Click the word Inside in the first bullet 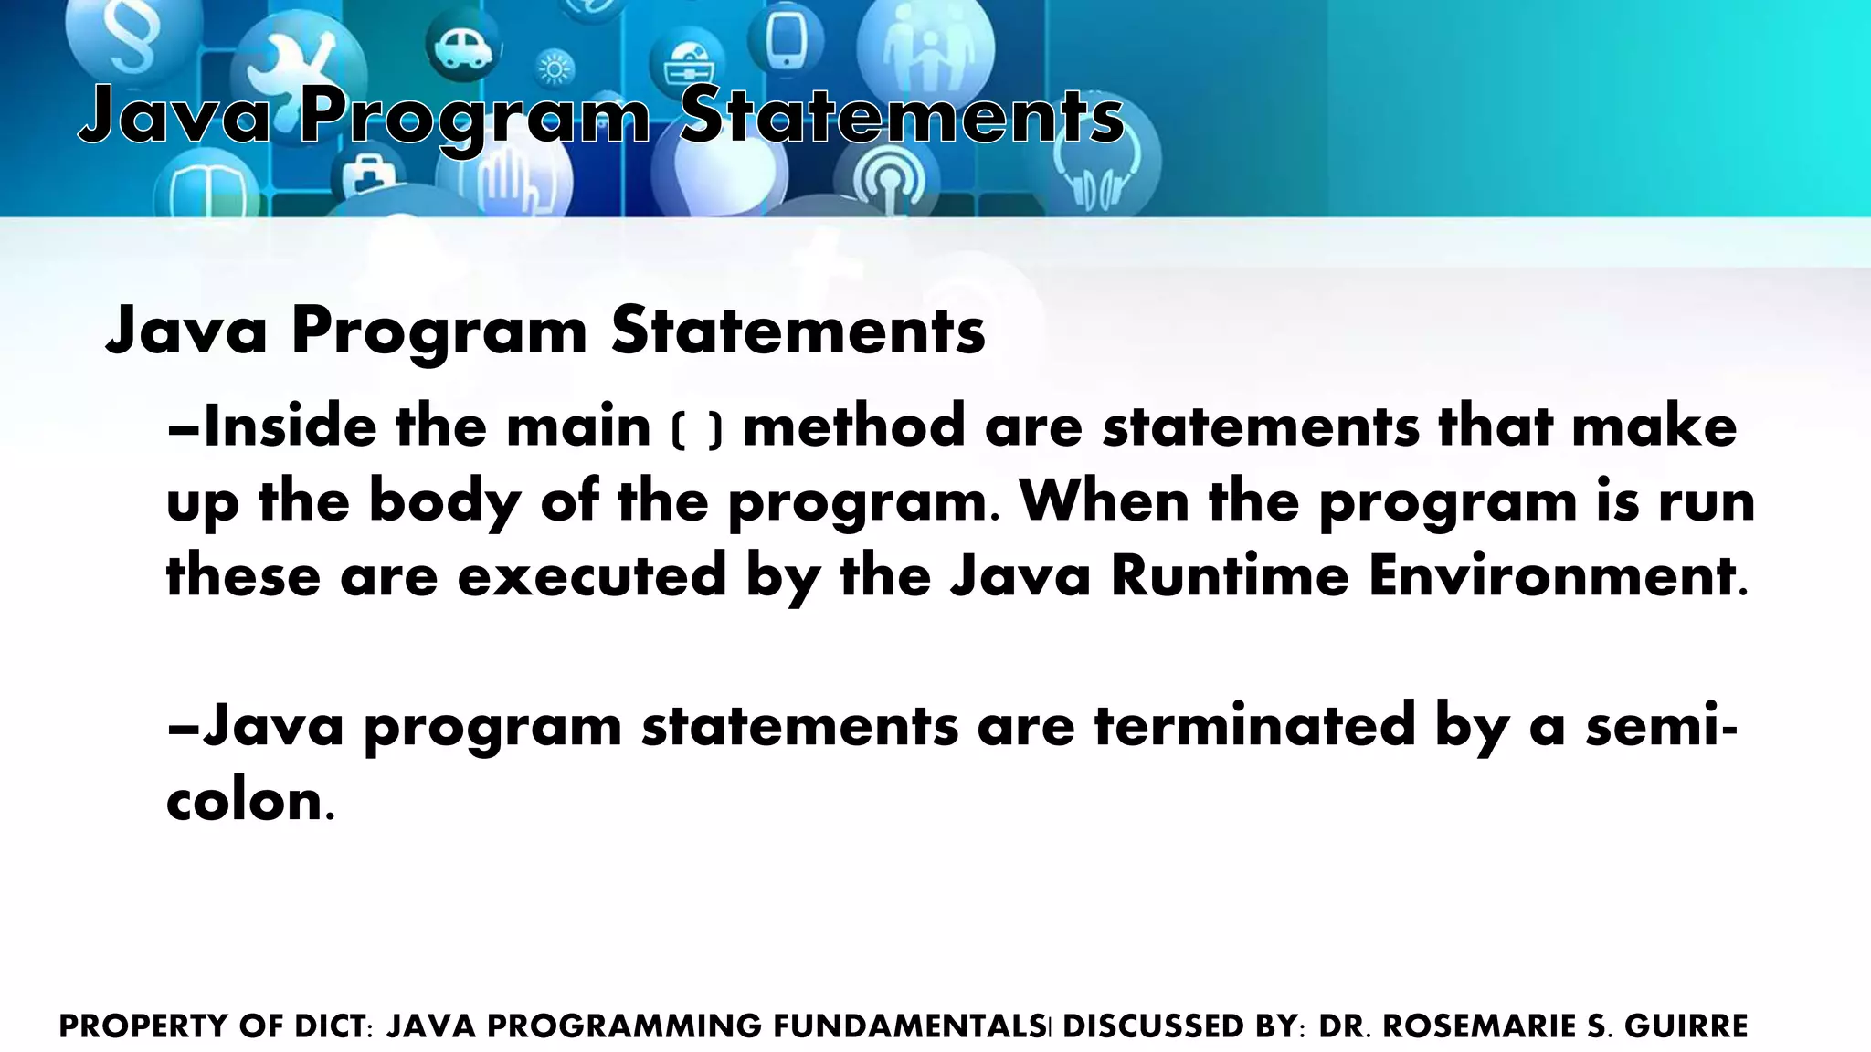click(289, 427)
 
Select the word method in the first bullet click(854, 427)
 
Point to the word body click(444, 503)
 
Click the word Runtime click(1230, 577)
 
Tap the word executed click(592, 577)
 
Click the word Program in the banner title click(474, 116)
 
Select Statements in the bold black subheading click(798, 331)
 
